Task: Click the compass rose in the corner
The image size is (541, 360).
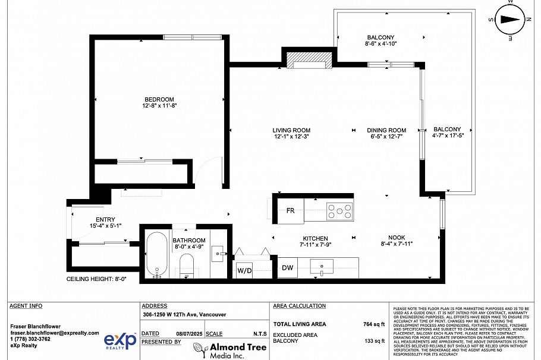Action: pyautogui.click(x=509, y=20)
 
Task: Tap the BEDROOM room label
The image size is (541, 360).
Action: pyautogui.click(x=159, y=99)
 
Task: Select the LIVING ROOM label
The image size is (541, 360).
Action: pyautogui.click(x=291, y=131)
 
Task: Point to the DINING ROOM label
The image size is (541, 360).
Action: pyautogui.click(x=386, y=131)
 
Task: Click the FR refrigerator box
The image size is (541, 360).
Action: pyautogui.click(x=290, y=211)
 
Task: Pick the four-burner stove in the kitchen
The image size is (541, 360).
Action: pyautogui.click(x=340, y=210)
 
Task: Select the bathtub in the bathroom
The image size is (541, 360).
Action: pyautogui.click(x=156, y=254)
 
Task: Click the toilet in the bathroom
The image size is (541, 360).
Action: pyautogui.click(x=187, y=265)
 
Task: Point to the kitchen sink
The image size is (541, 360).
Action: pyautogui.click(x=322, y=266)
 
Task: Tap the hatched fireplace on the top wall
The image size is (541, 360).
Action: pyautogui.click(x=308, y=60)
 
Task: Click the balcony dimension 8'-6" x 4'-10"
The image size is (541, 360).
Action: pyautogui.click(x=380, y=44)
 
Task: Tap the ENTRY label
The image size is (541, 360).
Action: pyautogui.click(x=105, y=220)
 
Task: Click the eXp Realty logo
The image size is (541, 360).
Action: pyautogui.click(x=121, y=340)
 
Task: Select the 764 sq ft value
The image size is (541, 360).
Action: pyautogui.click(x=375, y=324)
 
